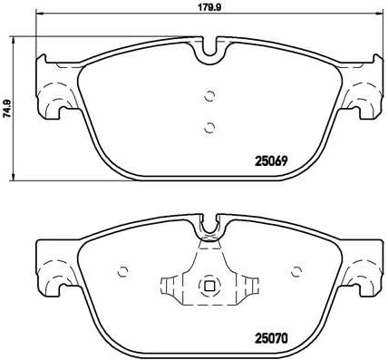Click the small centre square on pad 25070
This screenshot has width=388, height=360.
click(x=209, y=287)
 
